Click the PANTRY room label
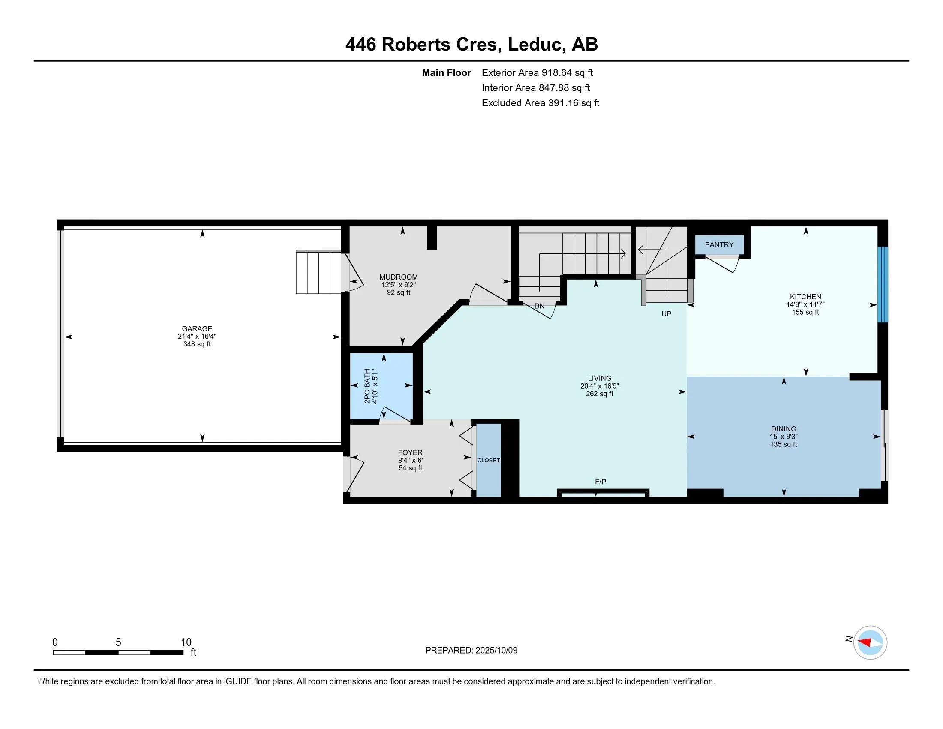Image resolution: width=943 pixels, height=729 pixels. click(x=719, y=245)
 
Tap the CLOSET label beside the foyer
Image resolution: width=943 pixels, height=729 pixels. click(x=488, y=461)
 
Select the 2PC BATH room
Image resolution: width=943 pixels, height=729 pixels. click(x=381, y=386)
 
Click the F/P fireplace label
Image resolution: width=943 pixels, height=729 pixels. click(x=600, y=482)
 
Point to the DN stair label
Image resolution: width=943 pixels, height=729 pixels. click(x=539, y=306)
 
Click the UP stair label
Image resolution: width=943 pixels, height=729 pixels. click(x=666, y=314)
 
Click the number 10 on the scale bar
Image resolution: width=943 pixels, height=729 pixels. click(x=186, y=642)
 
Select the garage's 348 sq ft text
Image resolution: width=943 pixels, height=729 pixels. click(x=197, y=344)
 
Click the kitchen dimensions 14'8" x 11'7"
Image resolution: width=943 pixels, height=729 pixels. click(x=805, y=304)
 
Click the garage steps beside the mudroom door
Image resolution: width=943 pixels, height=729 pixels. click(x=318, y=272)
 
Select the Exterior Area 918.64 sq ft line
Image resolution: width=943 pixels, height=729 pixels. click(x=537, y=73)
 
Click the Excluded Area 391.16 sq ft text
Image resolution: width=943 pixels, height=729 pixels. click(x=540, y=103)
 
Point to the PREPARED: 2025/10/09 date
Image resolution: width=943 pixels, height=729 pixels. click(x=471, y=651)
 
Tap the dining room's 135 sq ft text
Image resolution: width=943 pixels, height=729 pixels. click(x=783, y=444)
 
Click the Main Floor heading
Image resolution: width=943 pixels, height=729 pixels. click(x=446, y=73)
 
